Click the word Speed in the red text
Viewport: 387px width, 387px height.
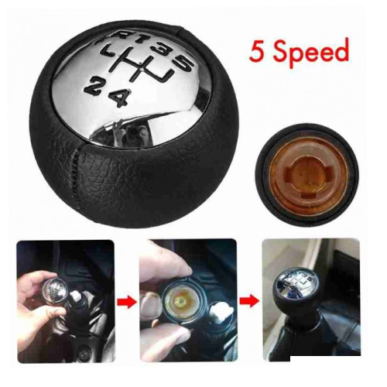coord(310,53)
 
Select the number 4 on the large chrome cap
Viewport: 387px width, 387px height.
coord(120,98)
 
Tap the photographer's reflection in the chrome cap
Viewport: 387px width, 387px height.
coord(129,133)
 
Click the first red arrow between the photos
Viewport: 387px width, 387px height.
coord(126,301)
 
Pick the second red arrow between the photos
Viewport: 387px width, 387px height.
coord(249,301)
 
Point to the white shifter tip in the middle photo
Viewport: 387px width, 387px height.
coord(219,313)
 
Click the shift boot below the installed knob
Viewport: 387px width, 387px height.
coord(307,335)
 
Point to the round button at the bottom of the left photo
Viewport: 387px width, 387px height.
coord(84,352)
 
